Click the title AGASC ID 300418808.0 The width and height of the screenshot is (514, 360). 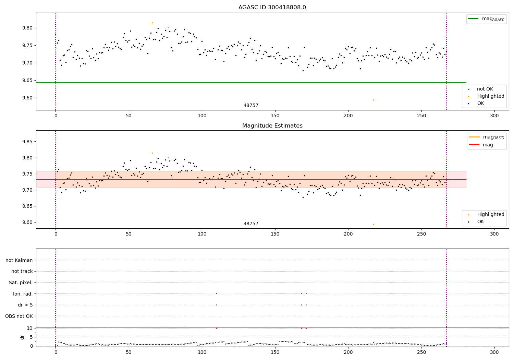[272, 8]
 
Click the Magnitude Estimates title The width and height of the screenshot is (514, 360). [272, 126]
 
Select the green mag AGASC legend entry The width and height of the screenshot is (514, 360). [486, 19]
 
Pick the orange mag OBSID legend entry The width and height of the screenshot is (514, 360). [487, 137]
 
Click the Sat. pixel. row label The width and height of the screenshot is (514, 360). [21, 283]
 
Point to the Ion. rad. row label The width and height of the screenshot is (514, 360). [23, 294]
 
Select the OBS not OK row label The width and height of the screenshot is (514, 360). [19, 316]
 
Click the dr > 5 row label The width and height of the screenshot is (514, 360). [25, 305]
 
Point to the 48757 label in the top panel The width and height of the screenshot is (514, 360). [251, 106]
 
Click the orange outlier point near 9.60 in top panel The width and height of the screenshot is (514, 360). [373, 100]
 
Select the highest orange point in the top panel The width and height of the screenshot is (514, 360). [152, 23]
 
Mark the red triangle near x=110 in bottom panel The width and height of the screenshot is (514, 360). [217, 328]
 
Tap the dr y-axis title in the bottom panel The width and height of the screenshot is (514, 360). [22, 337]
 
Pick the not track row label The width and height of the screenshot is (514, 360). [22, 271]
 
